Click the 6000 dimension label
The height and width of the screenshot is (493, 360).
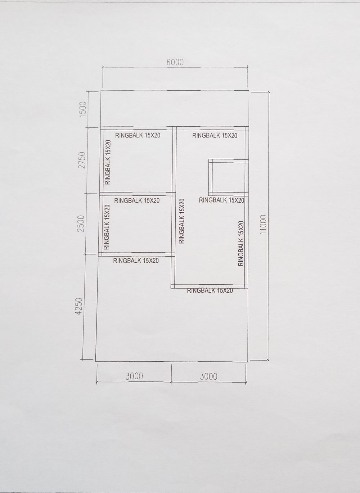tap(175, 63)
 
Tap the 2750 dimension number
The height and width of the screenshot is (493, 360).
tap(82, 160)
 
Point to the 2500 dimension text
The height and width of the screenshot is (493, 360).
tap(81, 223)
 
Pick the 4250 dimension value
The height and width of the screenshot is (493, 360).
tap(78, 306)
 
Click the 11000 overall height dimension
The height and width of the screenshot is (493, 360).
tap(263, 225)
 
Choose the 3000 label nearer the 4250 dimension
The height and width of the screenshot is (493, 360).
tap(134, 376)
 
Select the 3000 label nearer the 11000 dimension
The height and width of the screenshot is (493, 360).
tap(208, 376)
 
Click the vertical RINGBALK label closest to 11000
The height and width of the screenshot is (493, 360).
tap(241, 244)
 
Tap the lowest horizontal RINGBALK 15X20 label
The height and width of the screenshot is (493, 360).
tap(210, 291)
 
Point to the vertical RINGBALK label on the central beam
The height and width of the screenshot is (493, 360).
tap(182, 221)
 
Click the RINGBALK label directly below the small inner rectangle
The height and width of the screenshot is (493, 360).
tap(221, 200)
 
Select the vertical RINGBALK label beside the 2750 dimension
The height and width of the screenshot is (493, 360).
tap(108, 162)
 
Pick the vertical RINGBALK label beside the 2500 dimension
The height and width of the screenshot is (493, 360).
tap(107, 227)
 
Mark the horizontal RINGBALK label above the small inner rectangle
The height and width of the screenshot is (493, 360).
tap(215, 136)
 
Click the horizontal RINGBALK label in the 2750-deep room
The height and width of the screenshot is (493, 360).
tap(138, 135)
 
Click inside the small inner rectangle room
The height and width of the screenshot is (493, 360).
tap(229, 178)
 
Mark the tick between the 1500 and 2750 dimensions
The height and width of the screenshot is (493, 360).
tap(87, 127)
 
